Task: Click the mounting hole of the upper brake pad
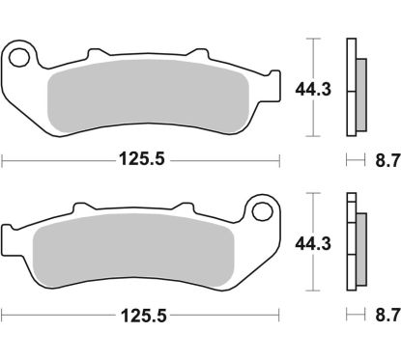pos(19,53)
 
